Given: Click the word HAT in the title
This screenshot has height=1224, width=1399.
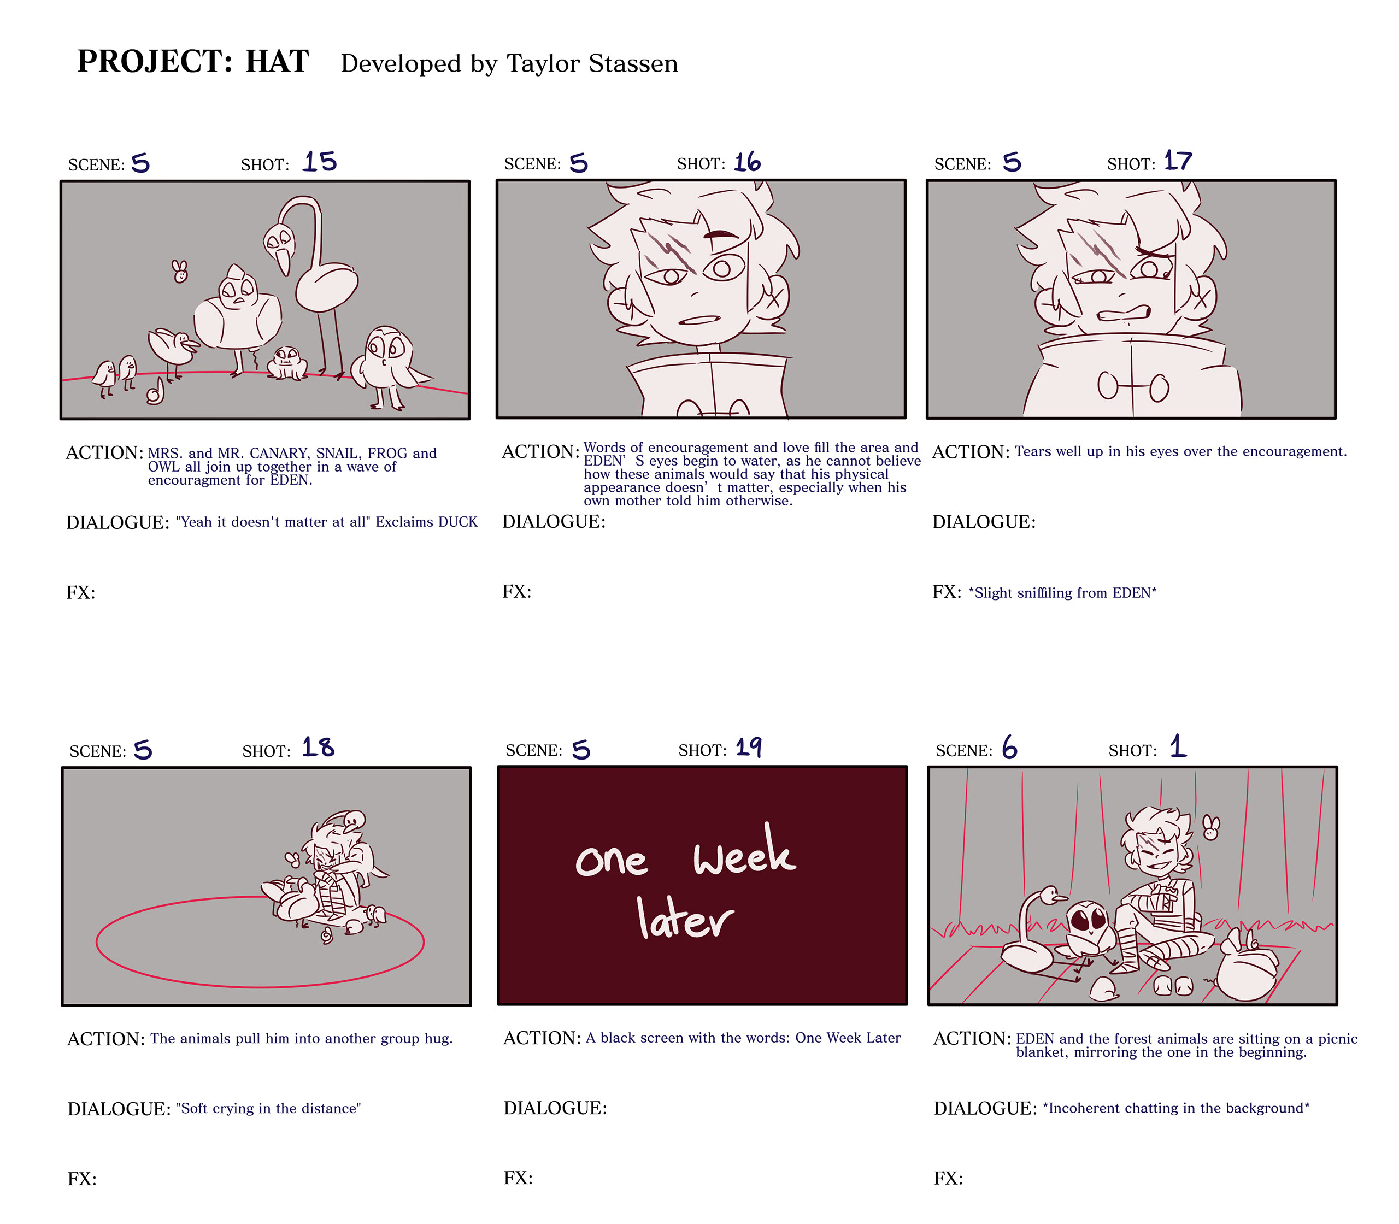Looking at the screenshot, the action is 278,61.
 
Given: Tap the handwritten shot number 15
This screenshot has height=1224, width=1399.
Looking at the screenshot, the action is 320,161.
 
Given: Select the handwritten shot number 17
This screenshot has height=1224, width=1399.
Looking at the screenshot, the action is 1178,161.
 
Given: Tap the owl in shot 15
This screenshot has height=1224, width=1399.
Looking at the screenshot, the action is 387,366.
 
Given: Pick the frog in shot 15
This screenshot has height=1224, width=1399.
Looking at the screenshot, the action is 287,363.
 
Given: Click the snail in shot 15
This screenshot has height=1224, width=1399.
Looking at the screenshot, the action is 156,392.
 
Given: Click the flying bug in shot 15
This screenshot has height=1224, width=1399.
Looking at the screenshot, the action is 180,270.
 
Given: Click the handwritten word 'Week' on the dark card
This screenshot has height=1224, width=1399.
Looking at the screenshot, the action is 744,852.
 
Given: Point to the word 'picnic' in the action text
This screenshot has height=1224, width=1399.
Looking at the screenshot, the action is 1338,1039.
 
